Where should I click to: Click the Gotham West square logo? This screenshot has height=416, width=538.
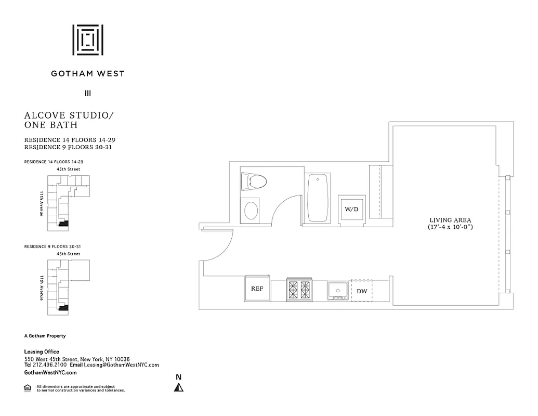[87, 40]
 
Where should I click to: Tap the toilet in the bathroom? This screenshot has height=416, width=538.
[255, 181]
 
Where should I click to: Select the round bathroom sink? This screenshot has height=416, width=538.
[252, 211]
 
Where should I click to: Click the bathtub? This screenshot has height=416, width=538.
[318, 198]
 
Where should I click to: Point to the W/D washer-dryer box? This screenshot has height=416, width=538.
[352, 209]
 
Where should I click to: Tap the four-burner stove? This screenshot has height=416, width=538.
[298, 290]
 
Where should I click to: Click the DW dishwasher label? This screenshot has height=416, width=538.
[362, 291]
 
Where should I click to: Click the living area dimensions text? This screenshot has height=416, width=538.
[450, 227]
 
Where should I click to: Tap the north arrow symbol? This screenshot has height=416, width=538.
[179, 386]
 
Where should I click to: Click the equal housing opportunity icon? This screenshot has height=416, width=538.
[27, 387]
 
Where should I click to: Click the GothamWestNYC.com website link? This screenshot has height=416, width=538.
[50, 372]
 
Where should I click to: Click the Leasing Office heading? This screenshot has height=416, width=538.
[42, 352]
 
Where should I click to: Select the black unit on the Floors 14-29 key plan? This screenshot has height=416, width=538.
[63, 224]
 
